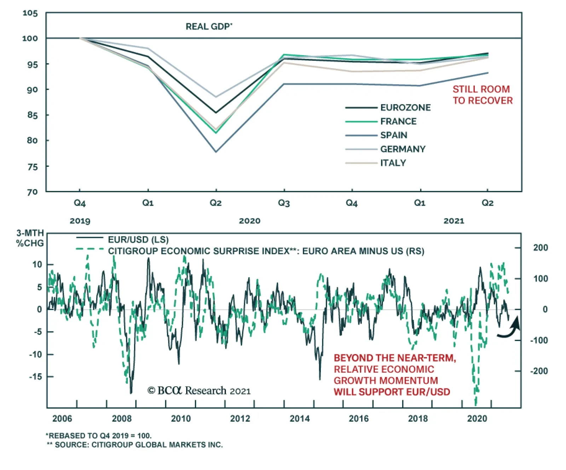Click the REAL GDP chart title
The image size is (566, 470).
click(x=209, y=27)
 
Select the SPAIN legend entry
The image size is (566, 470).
click(x=393, y=135)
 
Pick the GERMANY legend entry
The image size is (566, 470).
click(x=403, y=149)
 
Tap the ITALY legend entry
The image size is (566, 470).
click(x=393, y=163)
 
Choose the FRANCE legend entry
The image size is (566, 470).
click(x=398, y=121)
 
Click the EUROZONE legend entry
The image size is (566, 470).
click(x=405, y=107)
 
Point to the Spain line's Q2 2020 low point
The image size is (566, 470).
click(x=216, y=152)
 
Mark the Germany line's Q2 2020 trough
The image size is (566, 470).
click(x=216, y=97)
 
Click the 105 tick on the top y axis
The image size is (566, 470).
click(x=30, y=13)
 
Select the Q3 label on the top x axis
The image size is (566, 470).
click(x=284, y=203)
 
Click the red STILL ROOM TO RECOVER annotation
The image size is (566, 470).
click(x=482, y=95)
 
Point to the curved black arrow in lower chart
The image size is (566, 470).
click(x=509, y=329)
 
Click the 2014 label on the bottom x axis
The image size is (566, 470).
click(x=299, y=418)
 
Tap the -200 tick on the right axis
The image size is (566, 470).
click(x=539, y=371)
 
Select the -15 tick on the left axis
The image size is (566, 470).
click(x=36, y=377)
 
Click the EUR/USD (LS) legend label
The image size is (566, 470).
click(x=138, y=240)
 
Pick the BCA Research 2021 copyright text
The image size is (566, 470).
click(x=199, y=390)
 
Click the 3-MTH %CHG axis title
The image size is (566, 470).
click(x=30, y=238)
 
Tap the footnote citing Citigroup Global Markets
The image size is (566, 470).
click(x=135, y=445)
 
